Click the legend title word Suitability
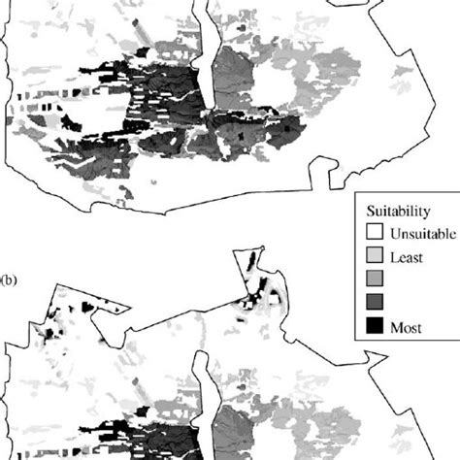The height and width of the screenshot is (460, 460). pos(399,212)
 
